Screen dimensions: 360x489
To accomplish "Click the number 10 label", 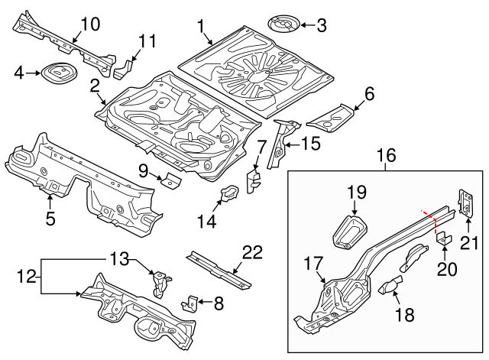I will click(89, 24).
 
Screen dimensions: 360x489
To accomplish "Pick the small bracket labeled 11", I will click(123, 68).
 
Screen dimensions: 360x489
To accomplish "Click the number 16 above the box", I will click(386, 157).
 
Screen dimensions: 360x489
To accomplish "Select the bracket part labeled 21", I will click(464, 201).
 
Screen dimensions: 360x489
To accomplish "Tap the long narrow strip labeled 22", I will click(219, 270).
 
